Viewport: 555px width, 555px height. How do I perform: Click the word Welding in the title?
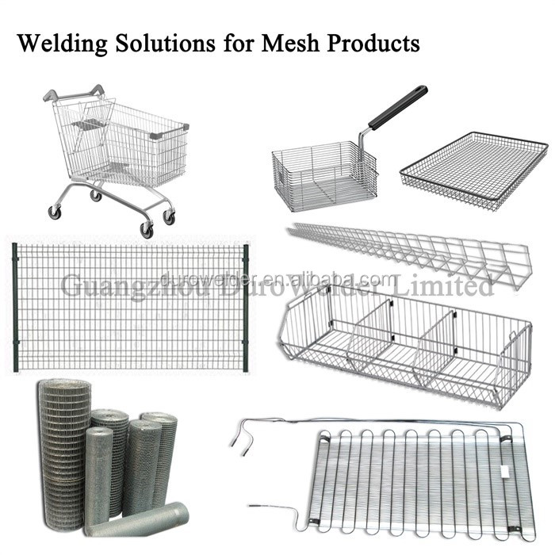(63, 44)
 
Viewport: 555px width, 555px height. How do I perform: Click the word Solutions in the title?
(166, 43)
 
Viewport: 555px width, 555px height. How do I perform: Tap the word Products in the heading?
(373, 43)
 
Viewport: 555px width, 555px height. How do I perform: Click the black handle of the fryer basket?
(398, 107)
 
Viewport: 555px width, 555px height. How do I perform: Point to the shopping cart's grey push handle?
(74, 94)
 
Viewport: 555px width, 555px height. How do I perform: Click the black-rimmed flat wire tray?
(473, 171)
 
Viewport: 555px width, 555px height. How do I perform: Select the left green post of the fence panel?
(15, 307)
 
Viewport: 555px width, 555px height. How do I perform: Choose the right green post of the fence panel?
(246, 308)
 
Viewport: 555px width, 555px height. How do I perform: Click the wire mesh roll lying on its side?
(137, 519)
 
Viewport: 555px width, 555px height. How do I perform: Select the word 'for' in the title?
(238, 43)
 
